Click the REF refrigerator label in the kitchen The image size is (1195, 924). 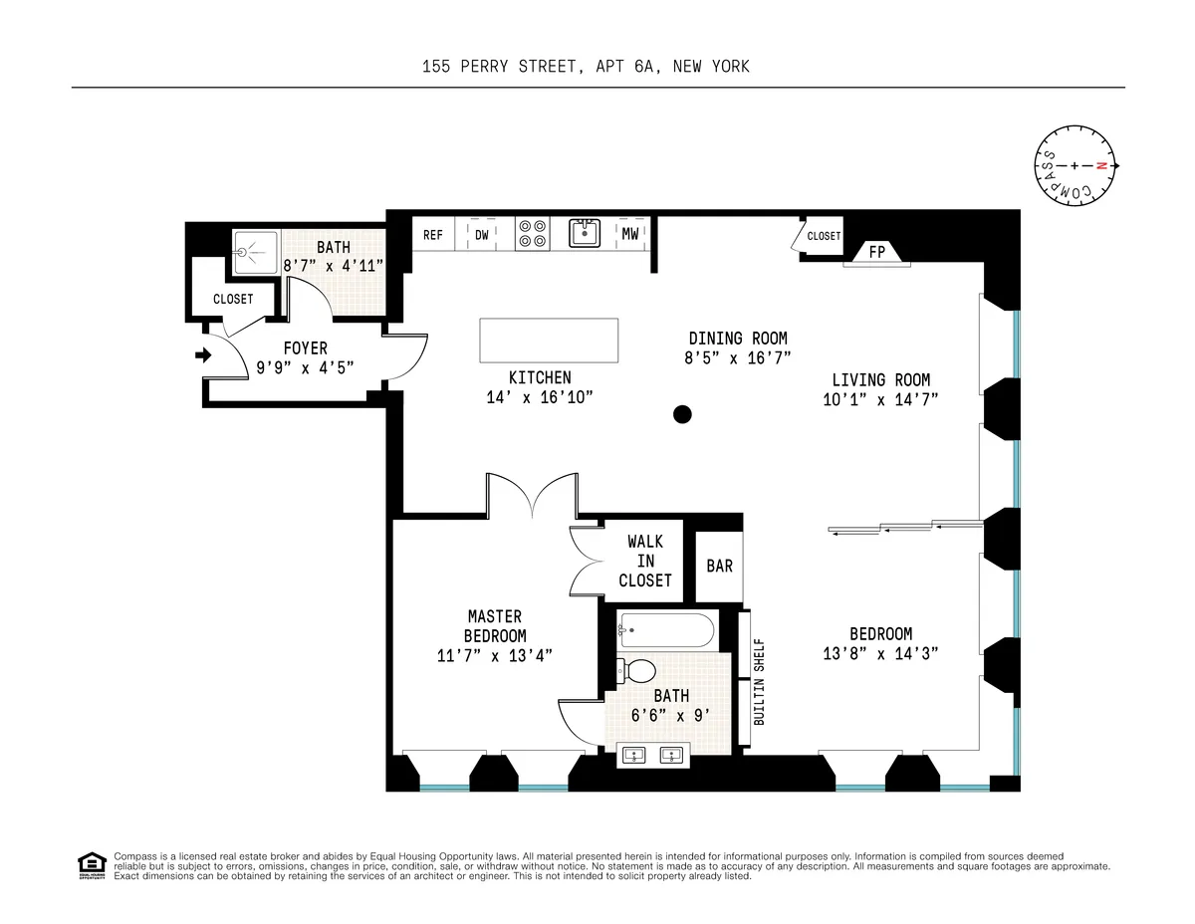click(432, 235)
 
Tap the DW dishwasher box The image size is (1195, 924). click(482, 235)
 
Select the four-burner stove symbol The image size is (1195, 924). click(533, 234)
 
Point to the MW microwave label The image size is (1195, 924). click(630, 235)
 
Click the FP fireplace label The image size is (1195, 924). click(876, 253)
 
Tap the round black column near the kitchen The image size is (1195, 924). click(682, 414)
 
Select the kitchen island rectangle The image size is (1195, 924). click(549, 341)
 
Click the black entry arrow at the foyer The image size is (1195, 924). click(204, 354)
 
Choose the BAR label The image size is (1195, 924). click(719, 566)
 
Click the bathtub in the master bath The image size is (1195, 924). click(666, 630)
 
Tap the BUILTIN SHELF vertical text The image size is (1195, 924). click(759, 681)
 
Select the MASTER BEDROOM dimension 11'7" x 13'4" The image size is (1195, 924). click(495, 654)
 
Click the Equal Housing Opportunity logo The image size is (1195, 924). click(92, 866)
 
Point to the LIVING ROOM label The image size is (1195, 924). click(880, 379)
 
